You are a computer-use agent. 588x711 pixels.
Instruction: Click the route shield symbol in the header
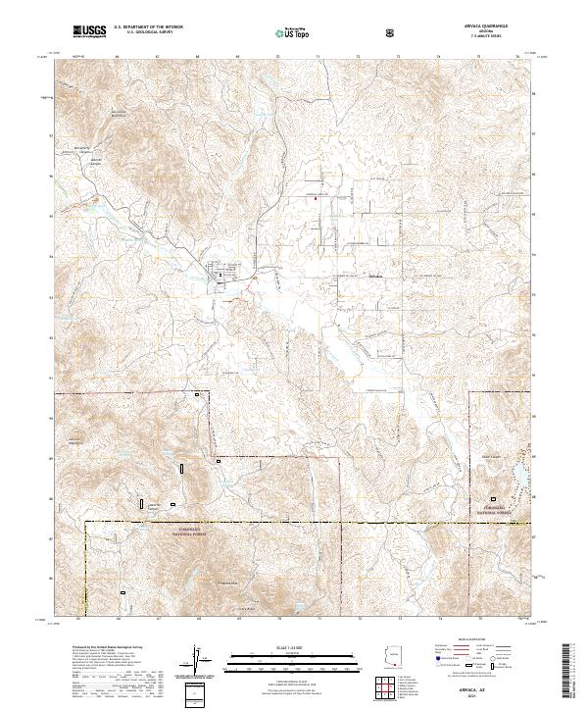[392, 33]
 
